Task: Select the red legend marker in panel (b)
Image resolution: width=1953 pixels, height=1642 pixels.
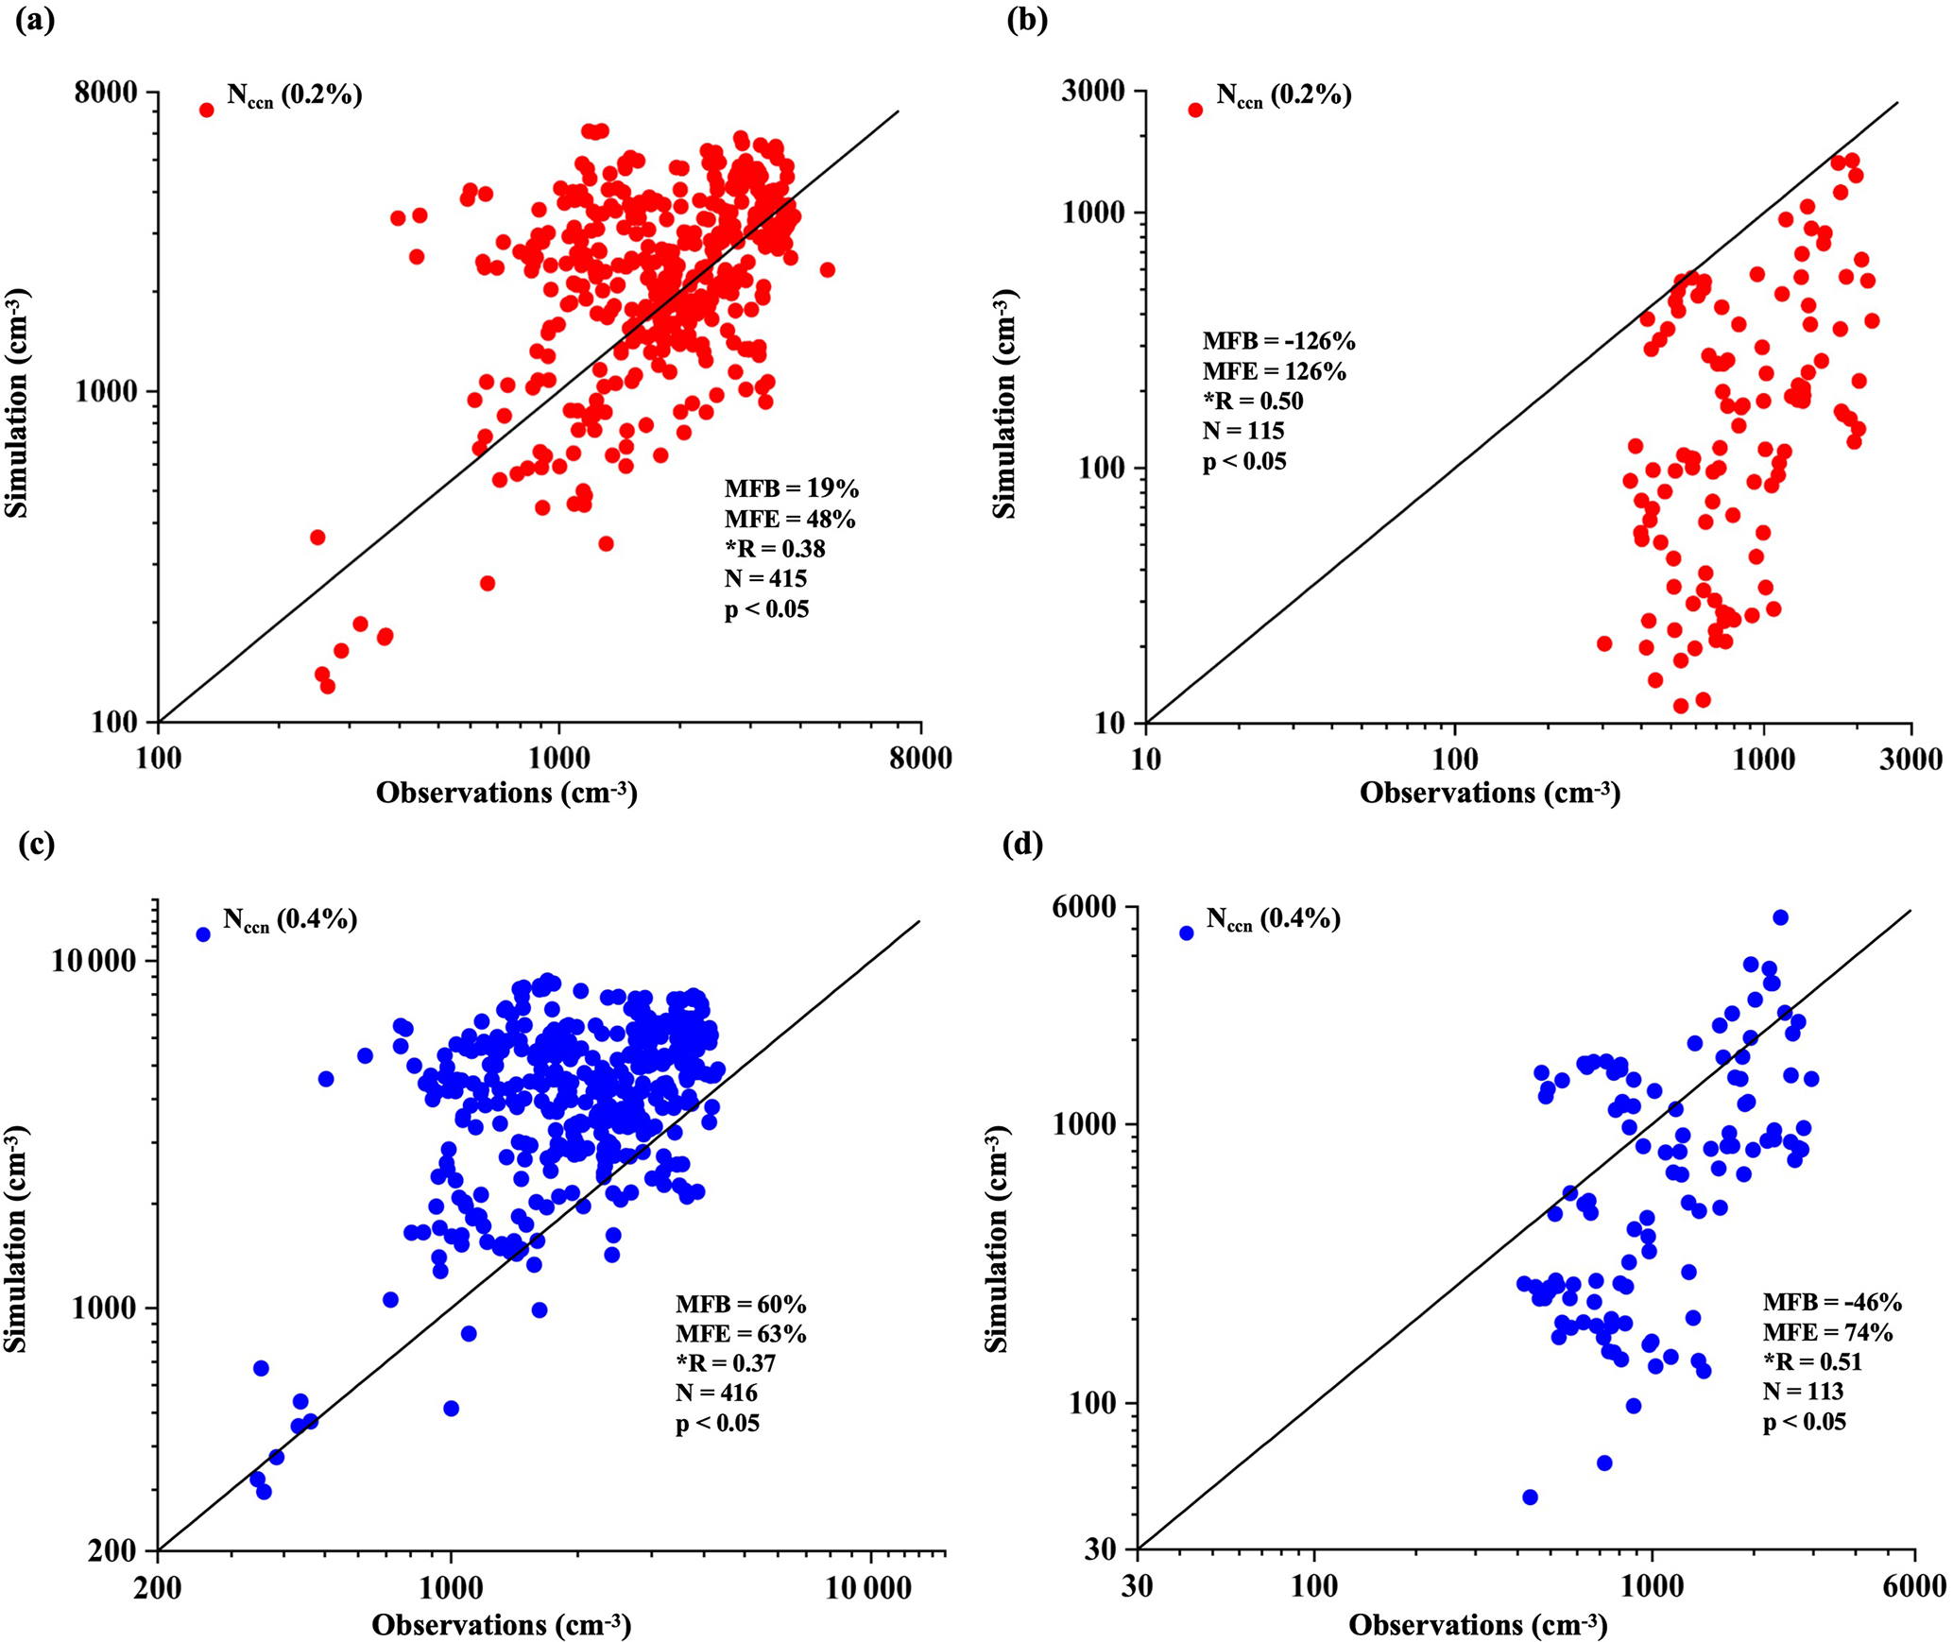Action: click(1195, 110)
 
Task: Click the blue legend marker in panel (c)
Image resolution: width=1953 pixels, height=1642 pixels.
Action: click(203, 934)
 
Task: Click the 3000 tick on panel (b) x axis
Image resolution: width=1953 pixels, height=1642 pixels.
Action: click(1910, 760)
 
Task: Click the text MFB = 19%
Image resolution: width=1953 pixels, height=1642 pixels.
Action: click(792, 489)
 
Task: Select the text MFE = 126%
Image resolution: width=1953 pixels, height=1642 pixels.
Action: click(1275, 371)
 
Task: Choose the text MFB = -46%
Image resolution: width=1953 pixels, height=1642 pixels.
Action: click(1832, 1302)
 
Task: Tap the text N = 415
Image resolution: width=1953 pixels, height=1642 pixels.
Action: click(765, 577)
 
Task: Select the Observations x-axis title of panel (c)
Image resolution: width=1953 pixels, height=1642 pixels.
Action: click(501, 1625)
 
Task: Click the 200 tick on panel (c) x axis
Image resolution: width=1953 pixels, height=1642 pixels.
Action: click(158, 1588)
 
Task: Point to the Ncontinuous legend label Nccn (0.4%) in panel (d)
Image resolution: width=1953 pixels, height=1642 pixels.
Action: click(1273, 919)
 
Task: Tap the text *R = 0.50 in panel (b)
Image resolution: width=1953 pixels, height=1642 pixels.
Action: click(1253, 401)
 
